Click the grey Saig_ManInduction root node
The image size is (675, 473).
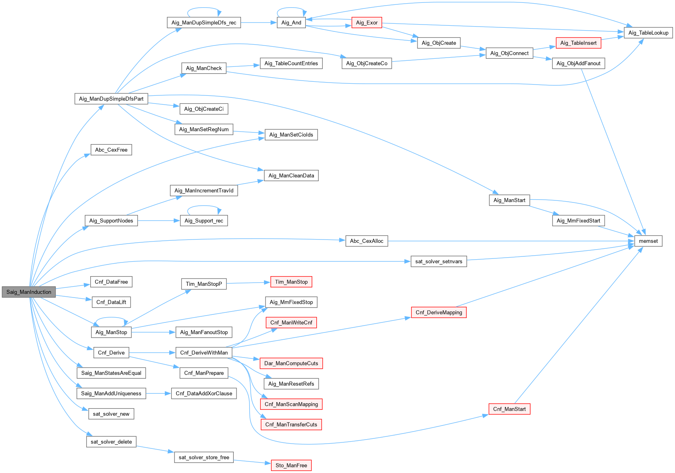tap(29, 292)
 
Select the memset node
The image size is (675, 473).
tap(648, 241)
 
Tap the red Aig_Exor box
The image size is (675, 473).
tap(367, 23)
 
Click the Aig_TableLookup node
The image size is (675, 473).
tap(648, 33)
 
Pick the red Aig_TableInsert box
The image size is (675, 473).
tap(578, 43)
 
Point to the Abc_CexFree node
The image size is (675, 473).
tap(111, 150)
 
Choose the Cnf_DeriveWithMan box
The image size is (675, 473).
tap(204, 353)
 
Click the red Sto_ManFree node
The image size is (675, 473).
tap(291, 465)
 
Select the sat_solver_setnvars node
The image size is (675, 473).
tap(438, 261)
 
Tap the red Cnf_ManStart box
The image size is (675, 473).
tap(509, 409)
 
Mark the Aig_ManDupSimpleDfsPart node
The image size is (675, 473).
tap(111, 99)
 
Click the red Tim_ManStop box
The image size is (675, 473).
tap(291, 282)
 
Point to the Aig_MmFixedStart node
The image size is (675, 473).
tap(578, 221)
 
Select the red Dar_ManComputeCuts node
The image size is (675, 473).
tap(291, 363)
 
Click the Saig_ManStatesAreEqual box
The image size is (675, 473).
tap(111, 373)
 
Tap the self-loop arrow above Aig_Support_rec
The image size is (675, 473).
tap(204, 206)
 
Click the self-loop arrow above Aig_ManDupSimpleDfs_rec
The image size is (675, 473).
tap(204, 8)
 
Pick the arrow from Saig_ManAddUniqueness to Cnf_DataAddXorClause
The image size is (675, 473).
tap(159, 393)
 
